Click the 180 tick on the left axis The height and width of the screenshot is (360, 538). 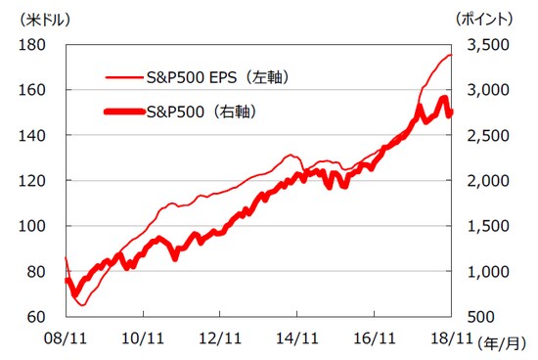point(33,45)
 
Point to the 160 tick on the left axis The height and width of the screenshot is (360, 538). point(33,90)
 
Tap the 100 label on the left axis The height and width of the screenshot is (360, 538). point(33,226)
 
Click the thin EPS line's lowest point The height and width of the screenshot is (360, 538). point(82,305)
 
